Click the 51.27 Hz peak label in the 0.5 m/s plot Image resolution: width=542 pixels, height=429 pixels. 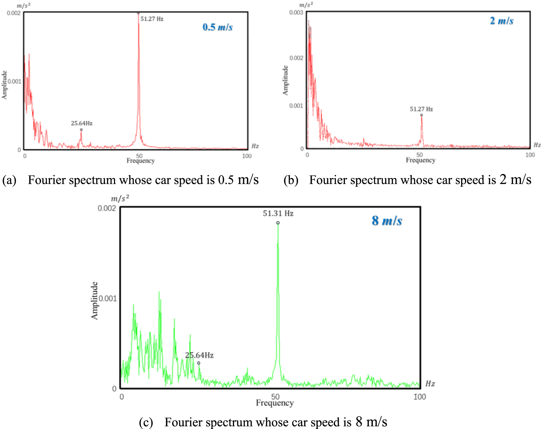pyautogui.click(x=152, y=19)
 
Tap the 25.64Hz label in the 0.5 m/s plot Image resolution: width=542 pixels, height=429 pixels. pyautogui.click(x=81, y=123)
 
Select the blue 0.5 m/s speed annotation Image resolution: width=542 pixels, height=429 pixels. pyautogui.click(x=217, y=27)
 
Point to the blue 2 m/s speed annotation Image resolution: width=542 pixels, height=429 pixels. pyautogui.click(x=502, y=21)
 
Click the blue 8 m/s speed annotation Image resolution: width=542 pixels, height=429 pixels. pyautogui.click(x=387, y=221)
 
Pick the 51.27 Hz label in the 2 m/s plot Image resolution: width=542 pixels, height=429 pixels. pyautogui.click(x=421, y=109)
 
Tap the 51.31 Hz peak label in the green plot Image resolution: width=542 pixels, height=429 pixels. pyautogui.click(x=278, y=214)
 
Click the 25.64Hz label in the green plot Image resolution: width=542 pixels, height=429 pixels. pyautogui.click(x=199, y=355)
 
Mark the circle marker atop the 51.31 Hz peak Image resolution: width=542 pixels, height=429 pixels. pyautogui.click(x=278, y=223)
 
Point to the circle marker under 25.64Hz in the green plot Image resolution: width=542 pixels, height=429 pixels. pyautogui.click(x=198, y=363)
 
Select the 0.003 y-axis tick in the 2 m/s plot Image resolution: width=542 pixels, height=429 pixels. pyautogui.click(x=296, y=13)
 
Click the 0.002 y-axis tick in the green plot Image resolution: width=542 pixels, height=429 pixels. pyautogui.click(x=107, y=208)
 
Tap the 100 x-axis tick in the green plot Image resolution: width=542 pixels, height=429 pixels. pyautogui.click(x=419, y=397)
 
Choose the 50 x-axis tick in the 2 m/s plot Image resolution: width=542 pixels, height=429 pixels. pyautogui.click(x=419, y=155)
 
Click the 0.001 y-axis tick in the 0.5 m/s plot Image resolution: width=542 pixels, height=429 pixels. pyautogui.click(x=14, y=81)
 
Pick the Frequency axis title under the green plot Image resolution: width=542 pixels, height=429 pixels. pyautogui.click(x=275, y=403)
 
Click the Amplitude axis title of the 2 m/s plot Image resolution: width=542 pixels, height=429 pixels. pyautogui.click(x=285, y=80)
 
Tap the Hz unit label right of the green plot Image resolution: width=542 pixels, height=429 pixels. pyautogui.click(x=430, y=384)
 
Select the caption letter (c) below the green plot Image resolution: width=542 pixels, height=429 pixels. pyautogui.click(x=146, y=422)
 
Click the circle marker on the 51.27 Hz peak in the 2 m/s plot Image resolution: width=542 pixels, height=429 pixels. pyautogui.click(x=421, y=115)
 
